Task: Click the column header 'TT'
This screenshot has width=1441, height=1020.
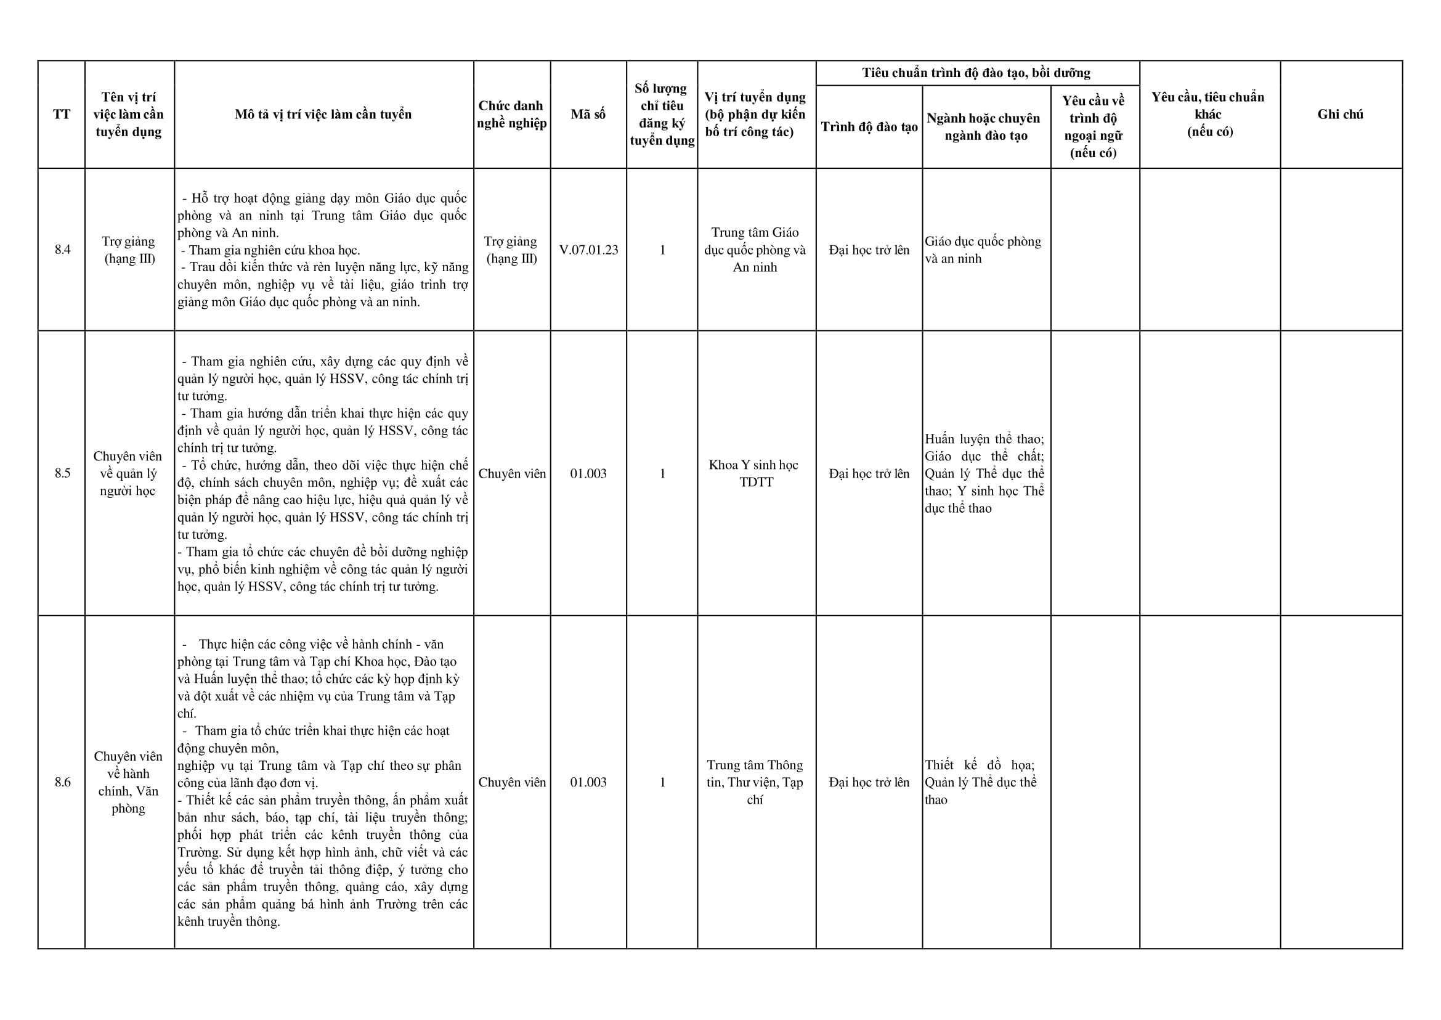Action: [x=62, y=114]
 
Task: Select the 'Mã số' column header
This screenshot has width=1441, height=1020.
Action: [x=588, y=114]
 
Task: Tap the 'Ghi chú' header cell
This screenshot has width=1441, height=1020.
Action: [x=1340, y=114]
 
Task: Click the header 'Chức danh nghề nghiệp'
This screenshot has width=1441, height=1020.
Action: [x=512, y=114]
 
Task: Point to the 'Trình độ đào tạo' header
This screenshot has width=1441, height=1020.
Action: [x=869, y=127]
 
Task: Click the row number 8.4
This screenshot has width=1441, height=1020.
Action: [x=62, y=250]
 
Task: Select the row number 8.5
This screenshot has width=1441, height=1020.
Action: [x=62, y=473]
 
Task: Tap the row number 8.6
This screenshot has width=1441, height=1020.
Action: [x=62, y=783]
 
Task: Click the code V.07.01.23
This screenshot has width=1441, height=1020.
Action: [x=588, y=250]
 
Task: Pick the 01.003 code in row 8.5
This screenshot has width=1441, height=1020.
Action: [x=588, y=473]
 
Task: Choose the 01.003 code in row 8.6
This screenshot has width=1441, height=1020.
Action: [x=588, y=783]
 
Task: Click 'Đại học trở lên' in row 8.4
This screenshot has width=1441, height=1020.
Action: [x=869, y=250]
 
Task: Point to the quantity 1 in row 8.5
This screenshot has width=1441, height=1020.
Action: [x=662, y=473]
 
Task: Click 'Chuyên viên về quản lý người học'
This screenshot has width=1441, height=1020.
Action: [x=128, y=473]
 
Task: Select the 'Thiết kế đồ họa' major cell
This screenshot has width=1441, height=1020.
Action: [x=980, y=783]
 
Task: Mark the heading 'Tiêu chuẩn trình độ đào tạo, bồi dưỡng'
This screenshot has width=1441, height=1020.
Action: [x=976, y=73]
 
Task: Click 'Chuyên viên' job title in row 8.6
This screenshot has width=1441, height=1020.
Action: [x=512, y=783]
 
